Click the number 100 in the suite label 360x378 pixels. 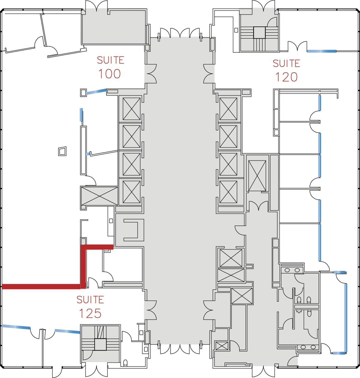click(x=109, y=74)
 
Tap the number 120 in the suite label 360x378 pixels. click(x=286, y=77)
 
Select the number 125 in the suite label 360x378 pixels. click(x=90, y=313)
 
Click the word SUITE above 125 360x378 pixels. click(x=90, y=300)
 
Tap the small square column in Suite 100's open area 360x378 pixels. click(x=62, y=151)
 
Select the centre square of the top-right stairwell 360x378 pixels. click(x=259, y=33)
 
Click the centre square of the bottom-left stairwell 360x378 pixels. click(x=100, y=344)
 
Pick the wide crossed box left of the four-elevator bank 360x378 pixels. click(x=100, y=196)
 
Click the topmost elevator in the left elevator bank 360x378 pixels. click(x=132, y=109)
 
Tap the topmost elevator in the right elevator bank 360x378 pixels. click(x=228, y=109)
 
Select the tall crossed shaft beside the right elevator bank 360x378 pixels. click(x=257, y=176)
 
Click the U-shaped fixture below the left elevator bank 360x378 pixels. click(x=132, y=230)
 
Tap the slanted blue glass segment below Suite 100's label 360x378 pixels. click(x=96, y=92)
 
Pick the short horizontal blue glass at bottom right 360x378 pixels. click(x=339, y=353)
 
